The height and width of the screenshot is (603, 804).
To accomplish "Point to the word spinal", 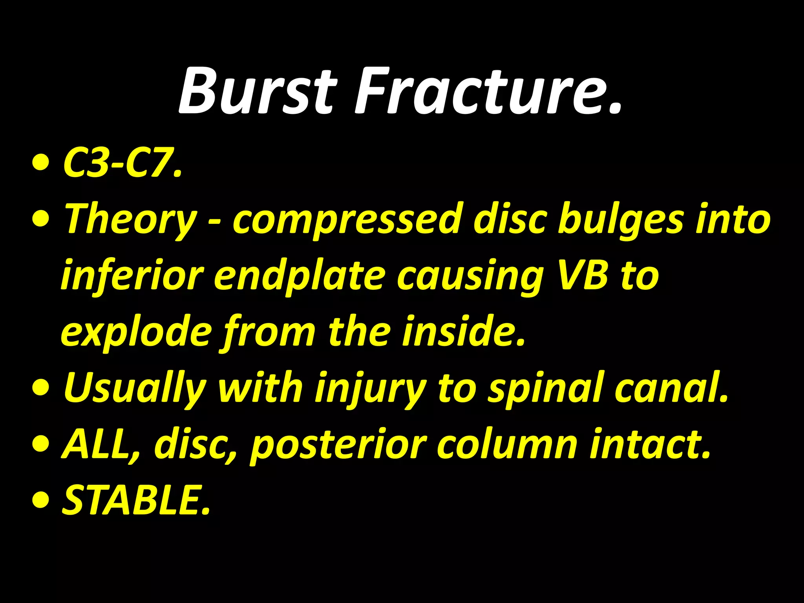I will pyautogui.click(x=546, y=389).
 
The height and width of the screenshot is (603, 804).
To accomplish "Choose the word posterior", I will pyautogui.click(x=338, y=446).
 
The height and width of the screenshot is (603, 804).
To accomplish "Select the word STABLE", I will pyautogui.click(x=135, y=500).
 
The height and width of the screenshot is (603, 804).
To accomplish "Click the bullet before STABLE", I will pyautogui.click(x=41, y=501).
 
